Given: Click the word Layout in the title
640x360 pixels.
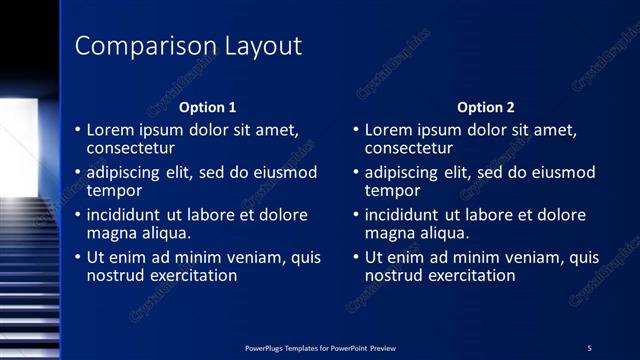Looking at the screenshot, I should click(x=260, y=46).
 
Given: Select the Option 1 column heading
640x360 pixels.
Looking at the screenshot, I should click(x=207, y=107).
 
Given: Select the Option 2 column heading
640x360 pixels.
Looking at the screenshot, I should click(x=485, y=107).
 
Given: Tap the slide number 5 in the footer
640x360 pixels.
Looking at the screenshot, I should click(x=589, y=347).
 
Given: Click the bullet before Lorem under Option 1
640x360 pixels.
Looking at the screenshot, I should click(x=78, y=130).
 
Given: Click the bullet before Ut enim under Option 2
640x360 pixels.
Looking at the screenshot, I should click(x=356, y=257).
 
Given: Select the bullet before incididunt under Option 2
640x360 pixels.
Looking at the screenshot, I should click(x=356, y=215).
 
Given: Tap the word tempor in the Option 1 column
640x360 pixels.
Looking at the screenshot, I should click(x=114, y=190).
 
